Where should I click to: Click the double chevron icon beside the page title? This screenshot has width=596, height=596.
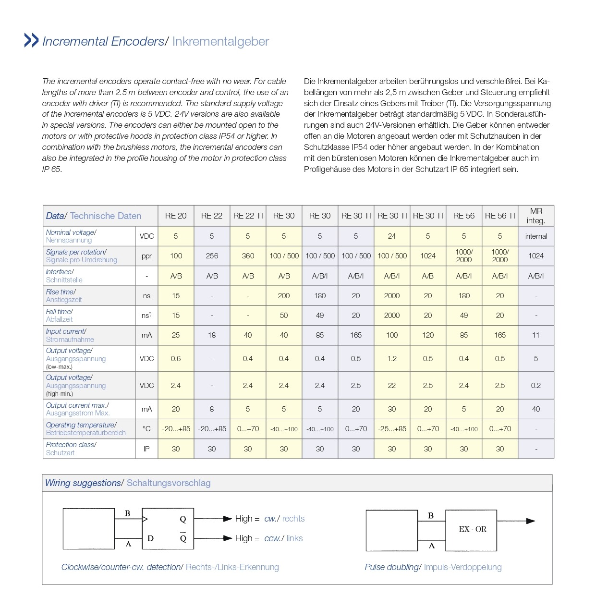pyautogui.click(x=31, y=40)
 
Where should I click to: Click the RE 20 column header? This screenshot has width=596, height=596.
pyautogui.click(x=176, y=216)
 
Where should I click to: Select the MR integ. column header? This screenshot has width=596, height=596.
pyautogui.click(x=536, y=216)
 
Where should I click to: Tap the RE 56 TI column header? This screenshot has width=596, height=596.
pyautogui.click(x=500, y=216)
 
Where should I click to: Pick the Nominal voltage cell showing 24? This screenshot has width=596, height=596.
pyautogui.click(x=392, y=236)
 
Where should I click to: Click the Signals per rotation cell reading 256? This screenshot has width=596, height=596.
pyautogui.click(x=212, y=256)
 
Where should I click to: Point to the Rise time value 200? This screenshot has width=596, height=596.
pyautogui.click(x=284, y=296)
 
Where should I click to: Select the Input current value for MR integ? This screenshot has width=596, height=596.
pyautogui.click(x=536, y=335)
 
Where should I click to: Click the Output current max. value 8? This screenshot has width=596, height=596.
pyautogui.click(x=212, y=409)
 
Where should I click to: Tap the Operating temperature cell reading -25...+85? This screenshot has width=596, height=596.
pyautogui.click(x=392, y=429)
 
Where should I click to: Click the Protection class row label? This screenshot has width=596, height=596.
pyautogui.click(x=71, y=449)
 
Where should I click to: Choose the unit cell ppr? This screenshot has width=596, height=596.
pyautogui.click(x=146, y=256)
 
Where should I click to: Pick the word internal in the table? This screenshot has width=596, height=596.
pyautogui.click(x=536, y=236)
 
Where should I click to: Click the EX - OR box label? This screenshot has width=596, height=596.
pyautogui.click(x=473, y=529)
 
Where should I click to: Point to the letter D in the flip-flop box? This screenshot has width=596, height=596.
pyautogui.click(x=150, y=538)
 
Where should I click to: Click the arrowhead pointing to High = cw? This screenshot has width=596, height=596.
pyautogui.click(x=228, y=519)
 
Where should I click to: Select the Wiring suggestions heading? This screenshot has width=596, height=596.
pyautogui.click(x=83, y=483)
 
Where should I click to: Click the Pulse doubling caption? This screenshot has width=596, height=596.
pyautogui.click(x=392, y=567)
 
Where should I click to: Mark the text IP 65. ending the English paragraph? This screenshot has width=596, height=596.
pyautogui.click(x=52, y=169)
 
